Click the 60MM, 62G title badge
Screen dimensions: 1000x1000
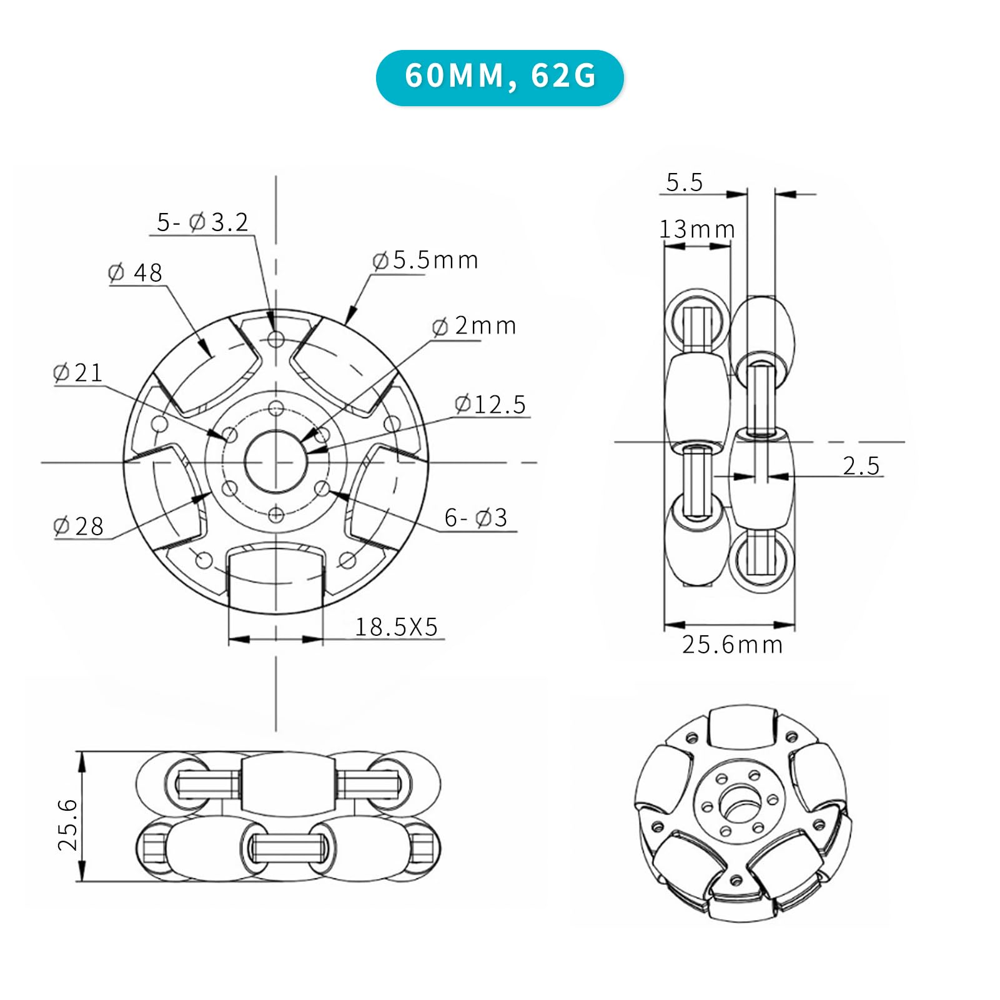[500, 77]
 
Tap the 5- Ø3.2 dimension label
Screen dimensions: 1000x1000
[202, 222]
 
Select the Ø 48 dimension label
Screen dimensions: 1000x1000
[135, 272]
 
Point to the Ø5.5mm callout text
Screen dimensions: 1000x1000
[425, 260]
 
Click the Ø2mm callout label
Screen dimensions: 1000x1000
[474, 325]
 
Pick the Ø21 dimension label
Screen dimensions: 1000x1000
[78, 373]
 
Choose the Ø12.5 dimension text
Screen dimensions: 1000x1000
[490, 404]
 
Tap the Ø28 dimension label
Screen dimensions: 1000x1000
[79, 526]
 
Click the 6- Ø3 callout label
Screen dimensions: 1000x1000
[476, 517]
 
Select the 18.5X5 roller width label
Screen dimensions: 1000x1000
[397, 626]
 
